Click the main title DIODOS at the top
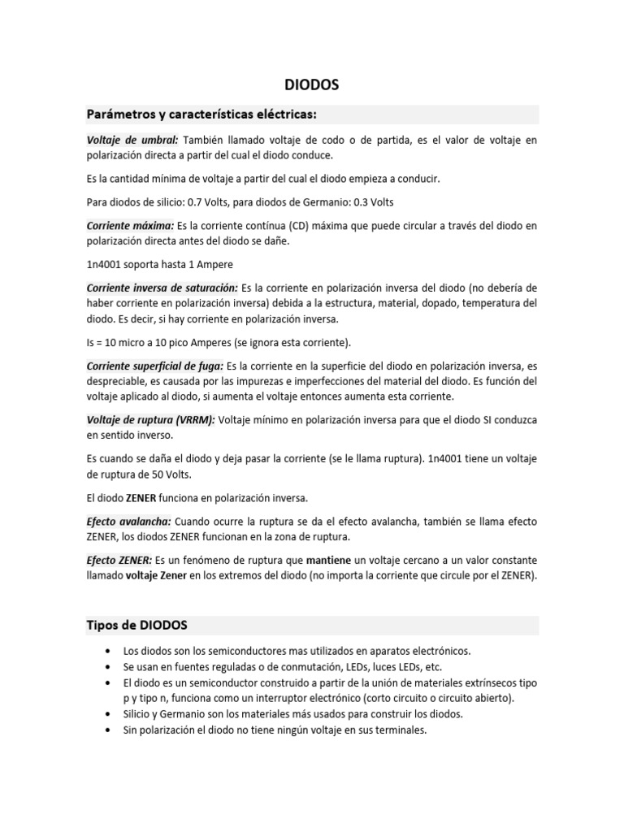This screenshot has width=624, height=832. click(x=311, y=84)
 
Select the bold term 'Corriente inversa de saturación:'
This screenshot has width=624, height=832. click(x=162, y=288)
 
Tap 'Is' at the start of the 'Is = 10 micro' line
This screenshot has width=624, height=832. click(x=91, y=342)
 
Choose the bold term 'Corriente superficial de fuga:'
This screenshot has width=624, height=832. click(x=154, y=366)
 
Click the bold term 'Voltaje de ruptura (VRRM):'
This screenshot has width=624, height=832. click(x=150, y=419)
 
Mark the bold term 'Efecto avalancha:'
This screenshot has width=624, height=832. click(x=128, y=521)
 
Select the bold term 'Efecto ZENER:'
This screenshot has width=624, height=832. click(x=119, y=561)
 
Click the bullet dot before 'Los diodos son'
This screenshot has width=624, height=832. click(x=108, y=652)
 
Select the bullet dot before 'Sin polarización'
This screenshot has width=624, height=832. click(x=108, y=730)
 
